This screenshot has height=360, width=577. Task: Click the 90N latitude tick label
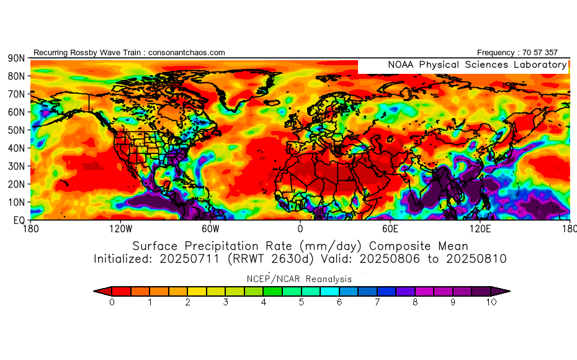tap(16, 58)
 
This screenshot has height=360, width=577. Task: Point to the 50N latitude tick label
tap(16, 130)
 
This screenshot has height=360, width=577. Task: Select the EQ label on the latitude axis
tap(18, 220)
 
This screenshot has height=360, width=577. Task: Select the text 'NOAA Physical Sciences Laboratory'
tap(477, 65)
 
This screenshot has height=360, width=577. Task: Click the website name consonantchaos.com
tap(187, 53)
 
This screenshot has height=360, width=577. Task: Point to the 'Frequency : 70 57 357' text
tap(517, 53)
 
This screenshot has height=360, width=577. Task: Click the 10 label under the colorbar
tap(491, 303)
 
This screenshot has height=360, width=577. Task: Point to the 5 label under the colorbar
tap(301, 303)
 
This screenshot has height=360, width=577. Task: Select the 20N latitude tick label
tap(16, 184)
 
